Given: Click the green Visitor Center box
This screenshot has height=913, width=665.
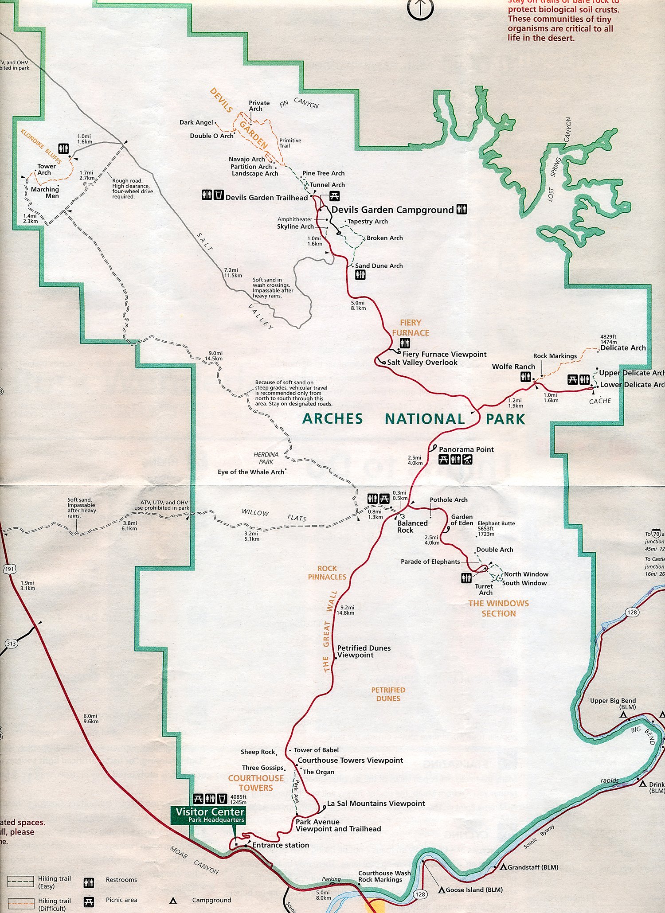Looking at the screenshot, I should [210, 815].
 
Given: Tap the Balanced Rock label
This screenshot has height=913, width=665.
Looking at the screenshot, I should [412, 527].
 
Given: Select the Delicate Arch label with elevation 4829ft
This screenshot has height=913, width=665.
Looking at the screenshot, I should [622, 348].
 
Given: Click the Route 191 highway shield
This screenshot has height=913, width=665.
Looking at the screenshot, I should [10, 569].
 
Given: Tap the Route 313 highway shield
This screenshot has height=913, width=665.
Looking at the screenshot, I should [11, 644].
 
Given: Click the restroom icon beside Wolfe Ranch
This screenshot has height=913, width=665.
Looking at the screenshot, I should [526, 377].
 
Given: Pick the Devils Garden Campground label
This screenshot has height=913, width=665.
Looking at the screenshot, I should [392, 210].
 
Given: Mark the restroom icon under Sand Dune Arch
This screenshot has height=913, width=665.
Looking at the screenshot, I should [360, 275].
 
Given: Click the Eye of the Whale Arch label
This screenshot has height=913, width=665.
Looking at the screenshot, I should [251, 472].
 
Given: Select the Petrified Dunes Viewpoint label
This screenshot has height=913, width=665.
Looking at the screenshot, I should [364, 652].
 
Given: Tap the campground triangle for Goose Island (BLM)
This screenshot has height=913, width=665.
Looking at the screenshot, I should [442, 890].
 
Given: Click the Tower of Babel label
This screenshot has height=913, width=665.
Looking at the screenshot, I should [316, 750].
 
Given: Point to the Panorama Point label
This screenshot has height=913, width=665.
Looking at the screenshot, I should [466, 449].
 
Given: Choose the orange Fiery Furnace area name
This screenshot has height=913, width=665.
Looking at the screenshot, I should [411, 328].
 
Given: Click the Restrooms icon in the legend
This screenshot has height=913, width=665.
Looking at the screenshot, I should [89, 883].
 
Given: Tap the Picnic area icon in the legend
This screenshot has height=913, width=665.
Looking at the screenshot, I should [89, 902].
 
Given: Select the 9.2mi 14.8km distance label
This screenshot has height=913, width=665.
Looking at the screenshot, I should [345, 610].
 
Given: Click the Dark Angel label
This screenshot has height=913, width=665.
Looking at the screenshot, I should [196, 122].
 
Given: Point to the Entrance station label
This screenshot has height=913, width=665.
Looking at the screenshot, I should [281, 845].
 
